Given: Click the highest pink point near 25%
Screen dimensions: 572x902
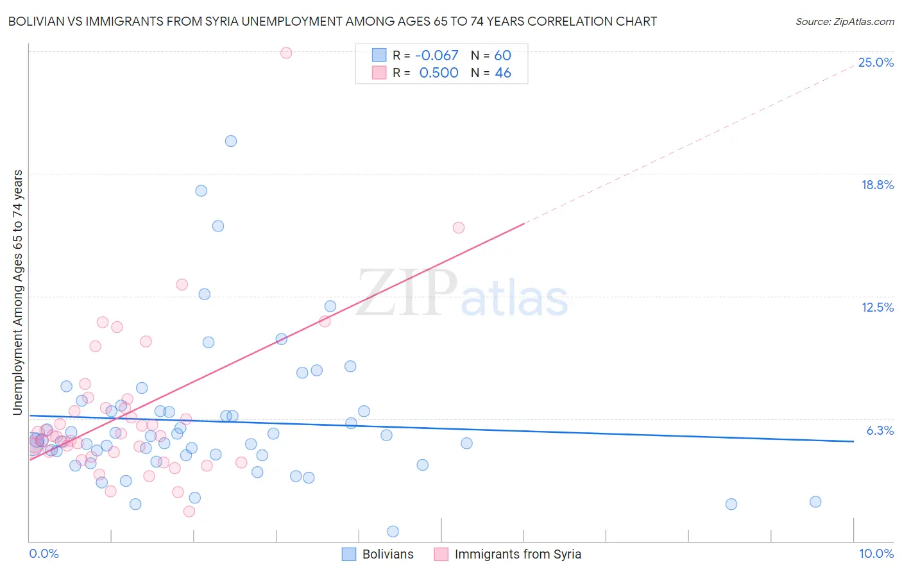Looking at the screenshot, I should [x=286, y=53].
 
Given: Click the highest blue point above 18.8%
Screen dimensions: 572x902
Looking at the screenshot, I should [x=231, y=141].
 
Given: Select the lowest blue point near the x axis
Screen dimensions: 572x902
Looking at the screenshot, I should [x=393, y=531].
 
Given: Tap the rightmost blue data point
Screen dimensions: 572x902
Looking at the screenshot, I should [x=815, y=501].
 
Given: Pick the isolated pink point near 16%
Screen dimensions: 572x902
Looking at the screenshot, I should [x=458, y=228].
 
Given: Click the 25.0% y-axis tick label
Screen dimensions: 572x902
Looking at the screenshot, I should [x=876, y=62].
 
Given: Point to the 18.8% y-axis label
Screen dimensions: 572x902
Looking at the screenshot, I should [x=877, y=185].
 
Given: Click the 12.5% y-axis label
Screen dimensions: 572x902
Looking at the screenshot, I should [x=877, y=307].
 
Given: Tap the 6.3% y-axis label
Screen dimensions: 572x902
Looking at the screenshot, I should [x=880, y=430].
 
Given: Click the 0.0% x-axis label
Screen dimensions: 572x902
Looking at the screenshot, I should [x=44, y=553].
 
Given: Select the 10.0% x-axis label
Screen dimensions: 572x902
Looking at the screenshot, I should [x=876, y=553].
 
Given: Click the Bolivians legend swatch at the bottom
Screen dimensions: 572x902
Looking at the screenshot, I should [x=349, y=554].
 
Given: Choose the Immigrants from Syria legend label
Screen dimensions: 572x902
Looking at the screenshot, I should [x=518, y=554].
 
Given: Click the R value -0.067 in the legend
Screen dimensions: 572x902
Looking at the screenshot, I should [x=437, y=55].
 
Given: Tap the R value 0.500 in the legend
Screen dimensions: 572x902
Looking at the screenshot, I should [x=439, y=73].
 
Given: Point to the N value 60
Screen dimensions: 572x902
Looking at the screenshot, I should [x=502, y=55].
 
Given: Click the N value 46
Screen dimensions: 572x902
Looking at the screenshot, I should [x=502, y=73].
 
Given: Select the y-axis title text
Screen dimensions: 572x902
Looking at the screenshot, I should [x=17, y=292].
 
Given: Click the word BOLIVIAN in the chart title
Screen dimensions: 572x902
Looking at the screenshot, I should [x=37, y=21].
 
